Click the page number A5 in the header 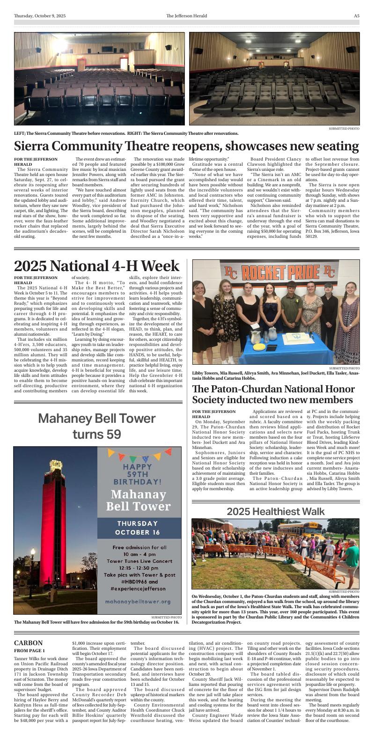[x=356, y=16]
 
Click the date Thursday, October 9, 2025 [x=40, y=16]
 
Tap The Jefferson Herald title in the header [x=187, y=16]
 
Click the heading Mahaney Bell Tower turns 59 [x=97, y=426]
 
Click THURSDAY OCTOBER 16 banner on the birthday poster [x=138, y=528]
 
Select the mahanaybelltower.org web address [x=138, y=601]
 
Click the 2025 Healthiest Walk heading [x=276, y=511]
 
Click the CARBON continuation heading [x=28, y=643]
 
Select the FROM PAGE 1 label [x=29, y=651]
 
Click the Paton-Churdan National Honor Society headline [x=272, y=394]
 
